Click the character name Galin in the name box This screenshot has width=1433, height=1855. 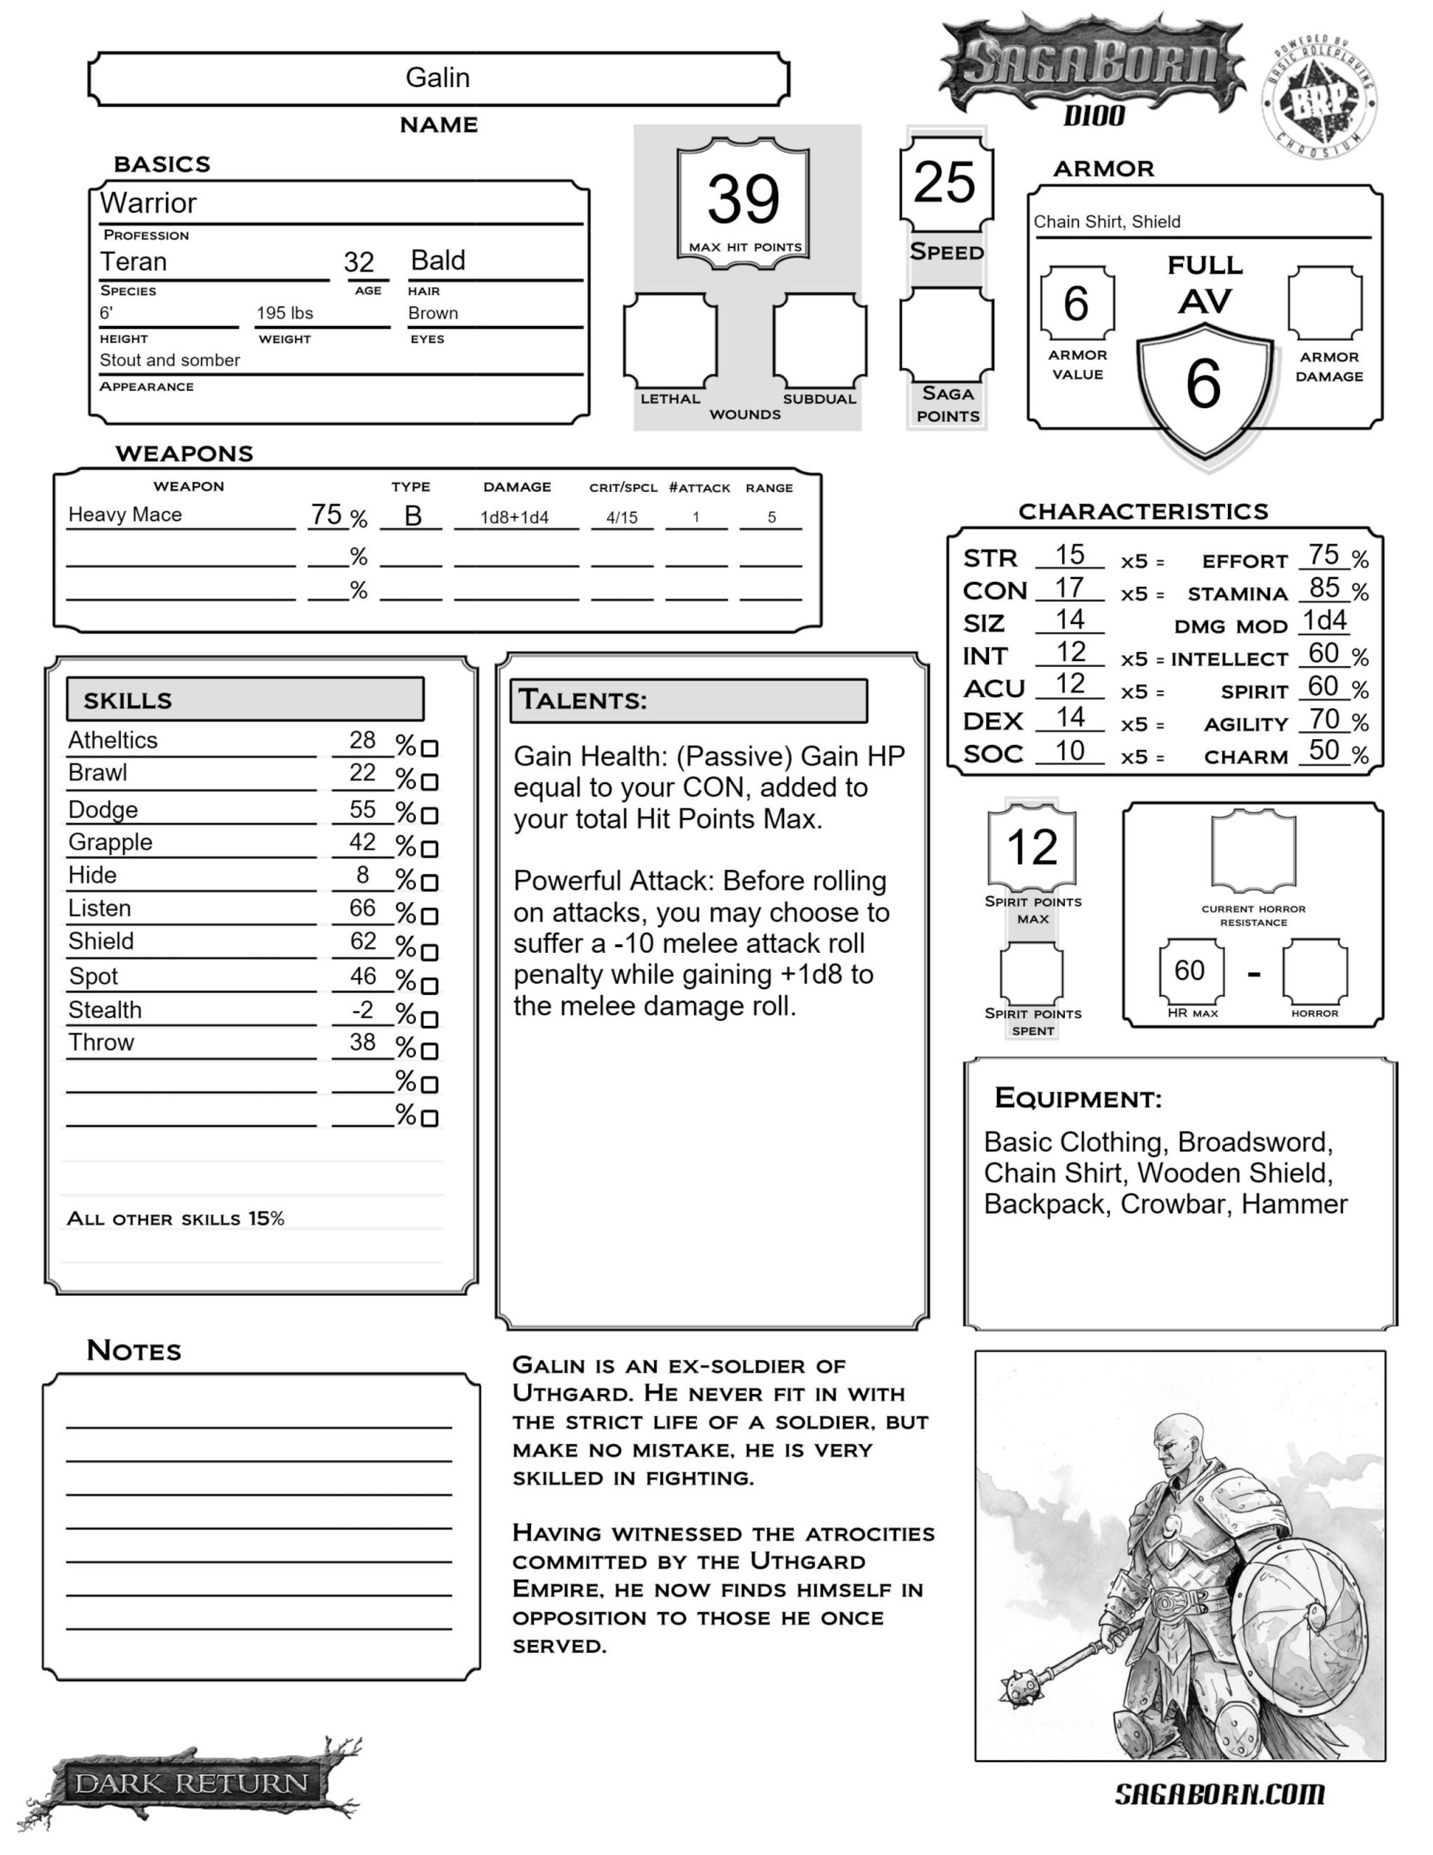click(438, 78)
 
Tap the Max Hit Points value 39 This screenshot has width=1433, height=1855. click(743, 199)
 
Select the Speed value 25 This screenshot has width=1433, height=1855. click(945, 182)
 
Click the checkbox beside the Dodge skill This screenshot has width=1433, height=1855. click(430, 815)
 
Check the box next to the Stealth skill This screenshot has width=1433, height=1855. click(430, 1020)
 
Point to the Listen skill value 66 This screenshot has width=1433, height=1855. click(363, 908)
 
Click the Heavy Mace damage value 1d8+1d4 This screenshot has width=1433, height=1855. click(515, 517)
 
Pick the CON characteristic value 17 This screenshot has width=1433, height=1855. click(1069, 587)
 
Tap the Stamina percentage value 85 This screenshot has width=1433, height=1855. click(1324, 587)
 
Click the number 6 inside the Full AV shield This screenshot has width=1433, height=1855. click(1203, 384)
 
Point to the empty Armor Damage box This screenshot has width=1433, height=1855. click(1324, 303)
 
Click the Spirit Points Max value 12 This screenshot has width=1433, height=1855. click(1032, 847)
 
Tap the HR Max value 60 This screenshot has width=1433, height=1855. click(1189, 970)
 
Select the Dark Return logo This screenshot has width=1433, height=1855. click(191, 1782)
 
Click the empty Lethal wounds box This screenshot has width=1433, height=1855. click(669, 340)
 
